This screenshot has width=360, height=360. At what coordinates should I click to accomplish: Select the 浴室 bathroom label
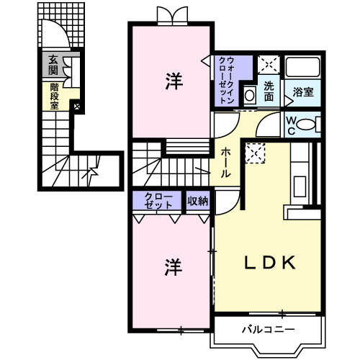coord(303,92)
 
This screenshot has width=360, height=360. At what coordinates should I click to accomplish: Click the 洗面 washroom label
coord(269,91)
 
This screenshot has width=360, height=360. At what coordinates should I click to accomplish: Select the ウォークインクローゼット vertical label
coord(225,81)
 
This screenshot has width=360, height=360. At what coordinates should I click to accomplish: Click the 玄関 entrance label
coord(53,66)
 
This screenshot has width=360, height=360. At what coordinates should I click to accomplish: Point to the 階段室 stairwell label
coord(54,95)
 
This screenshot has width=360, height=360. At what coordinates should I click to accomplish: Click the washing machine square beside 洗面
coord(269,65)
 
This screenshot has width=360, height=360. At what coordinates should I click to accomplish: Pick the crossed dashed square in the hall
coord(255,153)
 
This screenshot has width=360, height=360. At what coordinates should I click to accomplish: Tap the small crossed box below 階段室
coord(77,107)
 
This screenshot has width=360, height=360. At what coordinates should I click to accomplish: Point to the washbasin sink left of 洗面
coord(249,94)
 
